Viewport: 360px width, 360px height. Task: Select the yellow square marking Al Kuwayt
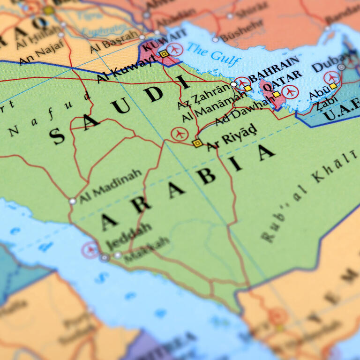164,54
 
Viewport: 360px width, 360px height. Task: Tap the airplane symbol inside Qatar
290,91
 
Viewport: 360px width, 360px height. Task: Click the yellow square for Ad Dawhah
277,94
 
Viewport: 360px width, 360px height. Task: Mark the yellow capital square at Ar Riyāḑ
198,143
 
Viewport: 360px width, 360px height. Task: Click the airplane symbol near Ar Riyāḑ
179,134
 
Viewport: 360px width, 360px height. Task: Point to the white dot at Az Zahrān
234,84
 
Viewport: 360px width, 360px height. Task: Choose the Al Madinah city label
111,186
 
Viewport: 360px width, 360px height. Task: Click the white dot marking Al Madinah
72,201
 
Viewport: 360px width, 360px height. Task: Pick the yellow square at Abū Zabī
333,86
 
